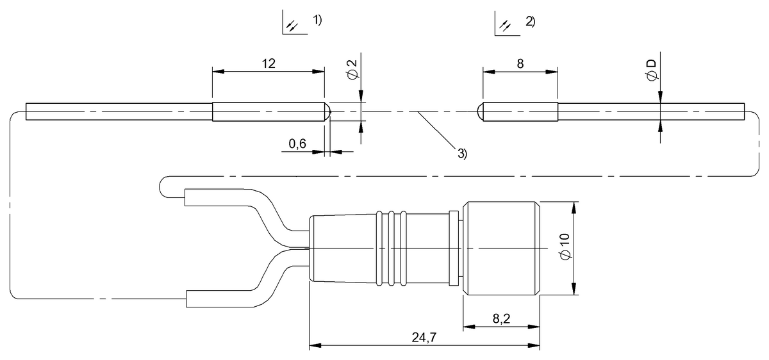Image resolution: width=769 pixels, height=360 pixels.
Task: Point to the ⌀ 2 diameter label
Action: (x=352, y=71)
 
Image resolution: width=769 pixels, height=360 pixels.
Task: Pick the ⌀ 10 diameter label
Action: (x=565, y=247)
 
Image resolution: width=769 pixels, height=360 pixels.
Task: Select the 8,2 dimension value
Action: (x=500, y=318)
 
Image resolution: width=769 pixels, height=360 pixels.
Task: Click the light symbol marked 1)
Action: (x=292, y=25)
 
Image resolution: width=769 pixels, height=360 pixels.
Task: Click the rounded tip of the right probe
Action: (x=481, y=112)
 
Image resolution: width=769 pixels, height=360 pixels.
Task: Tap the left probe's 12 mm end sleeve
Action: (x=266, y=112)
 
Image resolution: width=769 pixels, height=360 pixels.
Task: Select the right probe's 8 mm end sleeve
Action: (x=520, y=112)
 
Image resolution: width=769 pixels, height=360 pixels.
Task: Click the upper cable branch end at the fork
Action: (x=192, y=197)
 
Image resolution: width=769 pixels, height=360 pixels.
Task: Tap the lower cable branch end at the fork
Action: (x=192, y=299)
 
